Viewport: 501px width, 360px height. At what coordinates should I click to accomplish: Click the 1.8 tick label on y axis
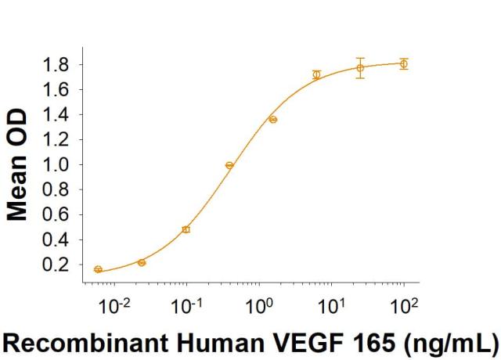pos(56,64)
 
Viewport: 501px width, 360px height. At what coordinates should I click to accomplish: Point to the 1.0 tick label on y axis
pos(56,164)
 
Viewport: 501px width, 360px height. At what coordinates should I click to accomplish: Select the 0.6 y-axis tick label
pos(56,214)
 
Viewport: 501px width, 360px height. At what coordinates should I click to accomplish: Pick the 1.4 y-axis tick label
pos(56,114)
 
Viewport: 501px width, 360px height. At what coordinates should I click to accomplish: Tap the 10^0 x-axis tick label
pos(258,301)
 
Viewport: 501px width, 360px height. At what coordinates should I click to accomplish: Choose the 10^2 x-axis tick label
pos(403,301)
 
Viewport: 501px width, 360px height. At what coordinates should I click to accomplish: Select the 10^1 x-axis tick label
pos(330,301)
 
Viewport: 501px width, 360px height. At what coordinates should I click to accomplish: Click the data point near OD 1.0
pos(229,165)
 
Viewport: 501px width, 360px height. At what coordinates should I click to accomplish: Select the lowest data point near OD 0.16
pos(98,269)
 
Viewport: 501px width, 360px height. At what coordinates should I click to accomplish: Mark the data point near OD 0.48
pos(186,229)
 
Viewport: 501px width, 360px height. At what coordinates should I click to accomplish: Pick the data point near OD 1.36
pos(273,120)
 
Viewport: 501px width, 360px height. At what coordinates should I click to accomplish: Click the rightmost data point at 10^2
pos(403,63)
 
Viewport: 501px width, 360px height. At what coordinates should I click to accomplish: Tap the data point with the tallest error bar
pos(360,68)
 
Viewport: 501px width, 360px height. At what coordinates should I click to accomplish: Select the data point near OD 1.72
pos(316,75)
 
